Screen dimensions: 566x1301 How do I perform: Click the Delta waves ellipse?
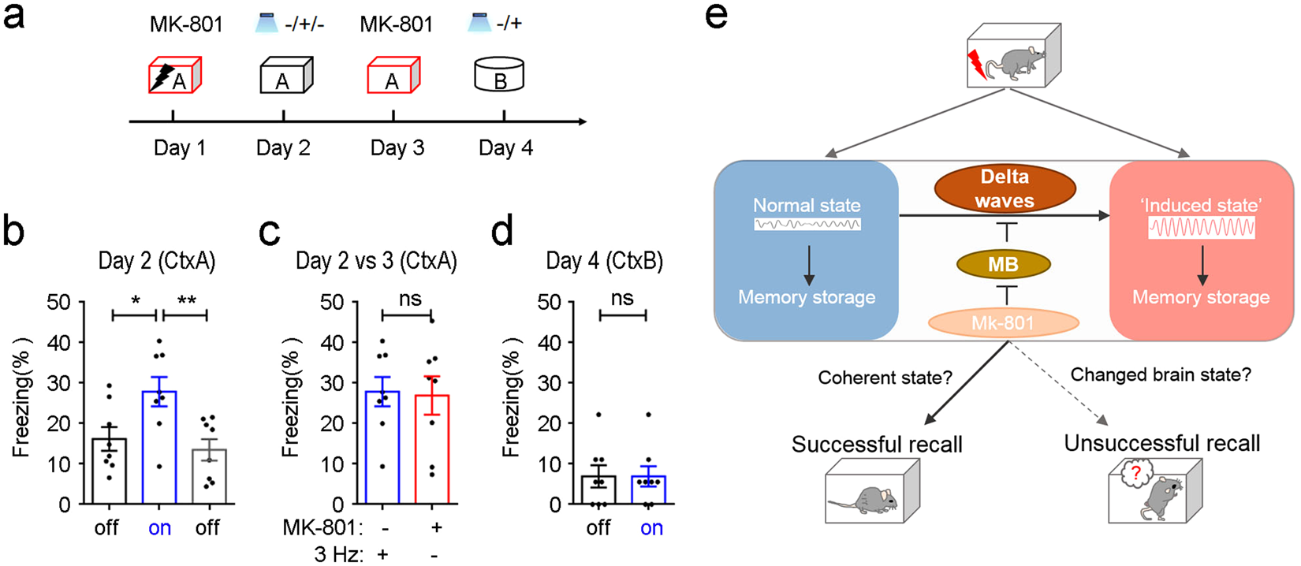pos(1004,189)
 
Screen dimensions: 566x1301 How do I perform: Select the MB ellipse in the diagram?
pos(1003,265)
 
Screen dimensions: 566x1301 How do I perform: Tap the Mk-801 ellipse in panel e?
pos(1003,323)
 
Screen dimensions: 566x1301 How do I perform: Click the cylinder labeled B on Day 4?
pos(499,75)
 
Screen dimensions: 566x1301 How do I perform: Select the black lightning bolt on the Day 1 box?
pos(163,76)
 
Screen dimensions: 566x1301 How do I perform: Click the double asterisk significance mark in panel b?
pos(186,300)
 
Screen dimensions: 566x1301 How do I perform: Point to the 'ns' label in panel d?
pos(622,299)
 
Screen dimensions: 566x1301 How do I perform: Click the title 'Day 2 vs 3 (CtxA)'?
pos(376,261)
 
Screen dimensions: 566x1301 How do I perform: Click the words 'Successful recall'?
pos(877,445)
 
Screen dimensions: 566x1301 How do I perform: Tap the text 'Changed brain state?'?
pos(1161,375)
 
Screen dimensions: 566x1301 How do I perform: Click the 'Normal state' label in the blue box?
pos(807,206)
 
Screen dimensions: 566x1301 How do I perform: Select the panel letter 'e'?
pos(716,17)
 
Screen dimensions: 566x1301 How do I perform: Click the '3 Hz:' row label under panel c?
pos(338,555)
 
